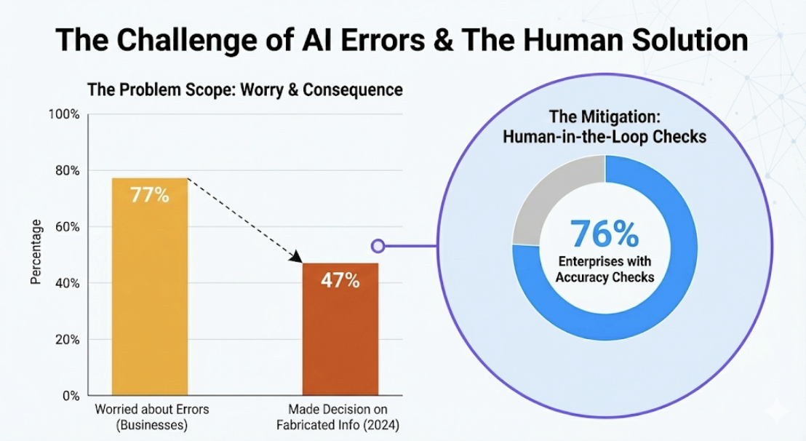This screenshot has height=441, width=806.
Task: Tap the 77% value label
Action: [x=149, y=195]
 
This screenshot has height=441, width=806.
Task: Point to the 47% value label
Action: [x=340, y=280]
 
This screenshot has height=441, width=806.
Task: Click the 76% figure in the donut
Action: [x=604, y=234]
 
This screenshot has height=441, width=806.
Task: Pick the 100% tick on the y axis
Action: [x=65, y=114]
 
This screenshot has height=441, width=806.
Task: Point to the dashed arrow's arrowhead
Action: [x=297, y=258]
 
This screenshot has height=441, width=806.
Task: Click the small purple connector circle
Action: [x=378, y=247]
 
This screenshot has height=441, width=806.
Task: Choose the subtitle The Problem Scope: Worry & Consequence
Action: [x=244, y=90]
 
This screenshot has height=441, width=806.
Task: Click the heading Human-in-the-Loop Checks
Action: [x=604, y=136]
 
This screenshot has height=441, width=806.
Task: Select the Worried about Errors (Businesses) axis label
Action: [x=152, y=416]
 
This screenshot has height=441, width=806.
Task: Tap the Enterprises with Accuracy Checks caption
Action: [x=604, y=270]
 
